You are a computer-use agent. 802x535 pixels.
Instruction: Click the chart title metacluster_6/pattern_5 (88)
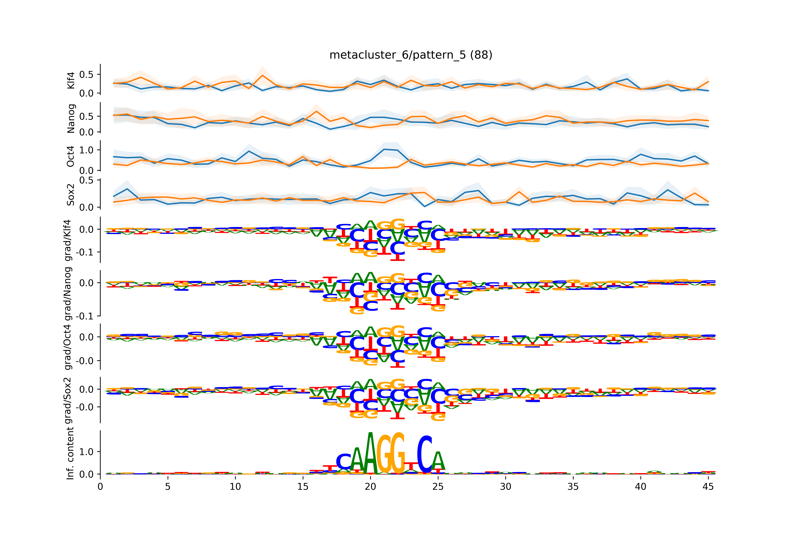pos(411,55)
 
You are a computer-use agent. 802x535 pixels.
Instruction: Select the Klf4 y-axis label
pos(71,80)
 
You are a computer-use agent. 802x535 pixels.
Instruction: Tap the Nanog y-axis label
pos(71,118)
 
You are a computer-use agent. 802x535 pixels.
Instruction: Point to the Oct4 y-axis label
pos(71,156)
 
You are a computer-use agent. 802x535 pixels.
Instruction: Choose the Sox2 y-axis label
pos(71,194)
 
